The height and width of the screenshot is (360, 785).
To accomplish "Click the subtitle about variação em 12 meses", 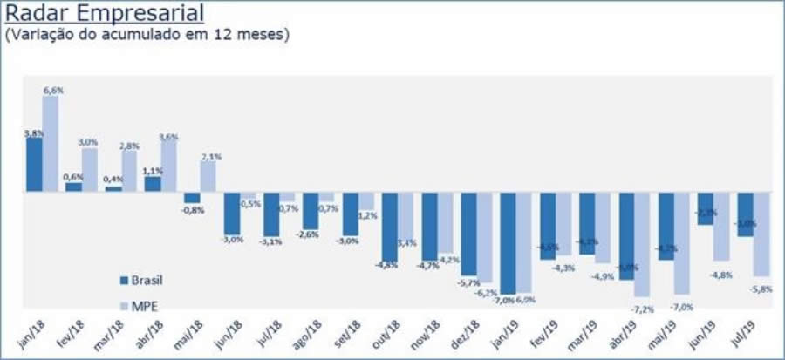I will point(147,36).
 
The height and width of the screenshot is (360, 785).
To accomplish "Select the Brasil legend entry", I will point(143,280).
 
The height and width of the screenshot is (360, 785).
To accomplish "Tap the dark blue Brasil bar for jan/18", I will point(34,165).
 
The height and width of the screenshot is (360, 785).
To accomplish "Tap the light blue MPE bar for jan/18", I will point(51,144).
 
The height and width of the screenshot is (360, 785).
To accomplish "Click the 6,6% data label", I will point(52,91).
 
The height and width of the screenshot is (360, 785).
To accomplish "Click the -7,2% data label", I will point(644,309).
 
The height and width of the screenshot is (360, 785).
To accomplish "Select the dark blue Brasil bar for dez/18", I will point(469,233).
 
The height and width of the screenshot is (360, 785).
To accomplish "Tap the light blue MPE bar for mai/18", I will point(208,176).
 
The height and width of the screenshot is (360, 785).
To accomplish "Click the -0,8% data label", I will point(193,209).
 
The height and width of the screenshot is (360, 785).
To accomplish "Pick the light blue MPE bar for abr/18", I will point(168,166).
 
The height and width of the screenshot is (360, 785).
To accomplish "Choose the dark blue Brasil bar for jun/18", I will point(232,212).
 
